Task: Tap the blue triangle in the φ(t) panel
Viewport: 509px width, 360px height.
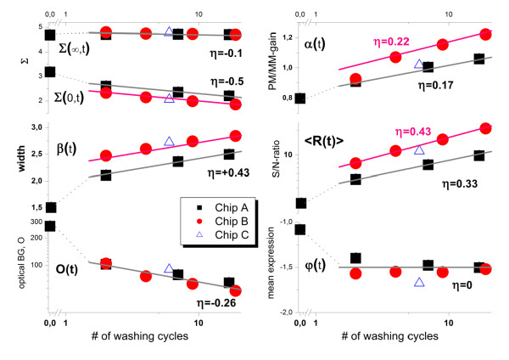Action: pyautogui.click(x=419, y=281)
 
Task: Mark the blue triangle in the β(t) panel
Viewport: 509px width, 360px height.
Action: pyautogui.click(x=169, y=141)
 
